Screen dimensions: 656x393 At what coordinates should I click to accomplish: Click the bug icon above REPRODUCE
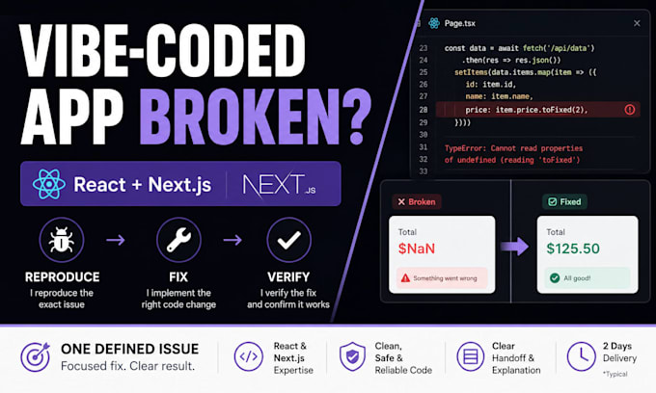point(62,240)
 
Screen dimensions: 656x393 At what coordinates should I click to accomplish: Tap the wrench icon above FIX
point(178,240)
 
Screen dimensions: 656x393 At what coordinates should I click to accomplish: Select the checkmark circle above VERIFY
point(288,240)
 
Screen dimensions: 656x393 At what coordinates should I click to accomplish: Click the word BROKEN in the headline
point(239,117)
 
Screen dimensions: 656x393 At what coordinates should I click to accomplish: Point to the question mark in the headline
point(356,117)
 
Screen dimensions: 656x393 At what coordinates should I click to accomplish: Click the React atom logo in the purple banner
point(49,184)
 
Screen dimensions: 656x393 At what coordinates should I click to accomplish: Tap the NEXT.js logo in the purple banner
point(279,185)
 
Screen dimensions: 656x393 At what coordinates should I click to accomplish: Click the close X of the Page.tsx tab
point(637,23)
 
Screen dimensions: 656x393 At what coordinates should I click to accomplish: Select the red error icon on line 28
point(630,110)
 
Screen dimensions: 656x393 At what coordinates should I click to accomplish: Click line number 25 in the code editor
point(424,72)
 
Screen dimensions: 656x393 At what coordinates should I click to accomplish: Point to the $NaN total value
point(417,249)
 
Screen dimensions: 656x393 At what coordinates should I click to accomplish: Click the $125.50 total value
point(573,249)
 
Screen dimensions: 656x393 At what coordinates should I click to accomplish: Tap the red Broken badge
point(417,201)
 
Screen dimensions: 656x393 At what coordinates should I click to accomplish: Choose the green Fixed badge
point(564,201)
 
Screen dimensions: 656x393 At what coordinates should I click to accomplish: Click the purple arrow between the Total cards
point(514,247)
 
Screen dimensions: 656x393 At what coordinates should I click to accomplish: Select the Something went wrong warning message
point(442,278)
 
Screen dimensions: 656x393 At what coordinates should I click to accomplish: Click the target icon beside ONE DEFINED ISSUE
point(35,356)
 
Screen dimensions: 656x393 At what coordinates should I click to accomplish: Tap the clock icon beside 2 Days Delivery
point(581,356)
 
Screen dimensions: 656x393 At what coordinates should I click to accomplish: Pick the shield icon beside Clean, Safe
point(352,356)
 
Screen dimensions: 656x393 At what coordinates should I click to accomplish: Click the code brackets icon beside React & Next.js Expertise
point(249,356)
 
